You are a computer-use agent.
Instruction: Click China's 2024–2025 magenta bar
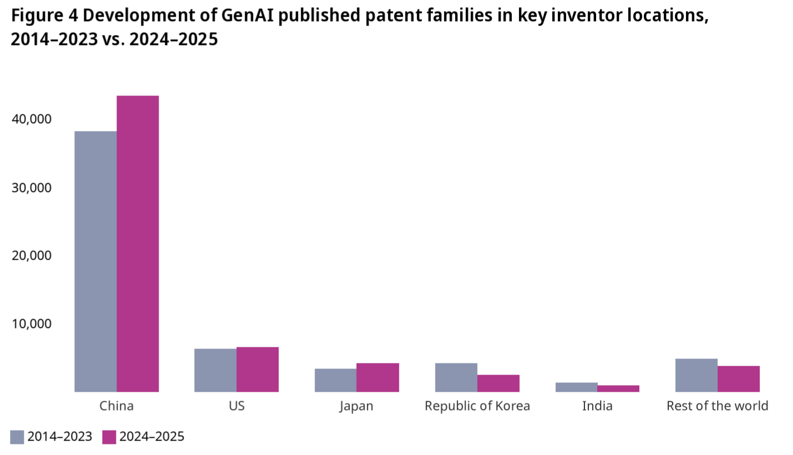pyautogui.click(x=138, y=244)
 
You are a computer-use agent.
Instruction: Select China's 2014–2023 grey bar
pyautogui.click(x=95, y=261)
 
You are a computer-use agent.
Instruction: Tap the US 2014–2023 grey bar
pyautogui.click(x=216, y=370)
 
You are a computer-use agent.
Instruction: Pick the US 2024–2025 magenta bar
pyautogui.click(x=258, y=369)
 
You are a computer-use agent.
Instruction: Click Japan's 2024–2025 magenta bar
pyautogui.click(x=378, y=377)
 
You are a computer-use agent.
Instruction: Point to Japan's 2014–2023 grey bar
pyautogui.click(x=335, y=380)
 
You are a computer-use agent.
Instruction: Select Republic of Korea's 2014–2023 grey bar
pyautogui.click(x=456, y=377)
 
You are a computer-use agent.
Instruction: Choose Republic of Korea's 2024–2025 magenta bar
pyautogui.click(x=498, y=383)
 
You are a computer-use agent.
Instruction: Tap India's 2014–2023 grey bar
pyautogui.click(x=576, y=387)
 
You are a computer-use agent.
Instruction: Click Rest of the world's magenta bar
pyautogui.click(x=739, y=379)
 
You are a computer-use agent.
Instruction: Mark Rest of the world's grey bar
pyautogui.click(x=697, y=375)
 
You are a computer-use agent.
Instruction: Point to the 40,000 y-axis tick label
pyautogui.click(x=32, y=119)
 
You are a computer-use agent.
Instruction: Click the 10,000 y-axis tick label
pyautogui.click(x=32, y=324)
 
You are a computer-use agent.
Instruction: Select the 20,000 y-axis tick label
pyautogui.click(x=32, y=255)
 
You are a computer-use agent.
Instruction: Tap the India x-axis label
pyautogui.click(x=597, y=406)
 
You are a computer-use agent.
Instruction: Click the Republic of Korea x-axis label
pyautogui.click(x=477, y=406)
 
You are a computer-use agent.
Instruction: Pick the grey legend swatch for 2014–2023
pyautogui.click(x=17, y=437)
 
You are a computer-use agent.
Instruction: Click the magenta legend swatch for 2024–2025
pyautogui.click(x=109, y=437)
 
